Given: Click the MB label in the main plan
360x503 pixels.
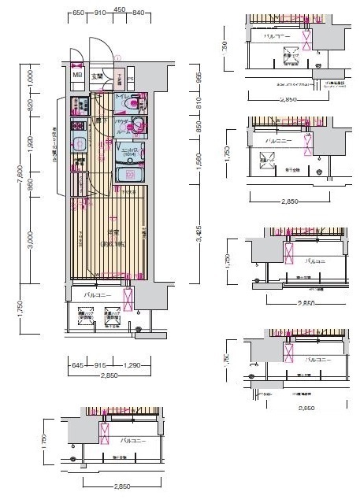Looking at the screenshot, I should click(x=77, y=75).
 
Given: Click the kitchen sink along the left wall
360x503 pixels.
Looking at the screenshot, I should click(x=80, y=142).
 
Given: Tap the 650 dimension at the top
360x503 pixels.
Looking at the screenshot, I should click(x=78, y=13).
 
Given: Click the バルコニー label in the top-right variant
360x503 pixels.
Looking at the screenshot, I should click(x=277, y=36).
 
